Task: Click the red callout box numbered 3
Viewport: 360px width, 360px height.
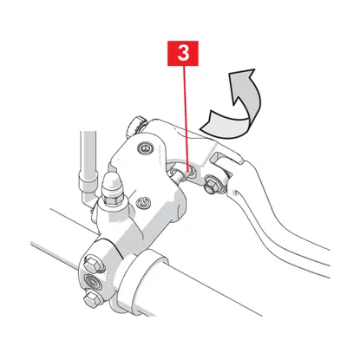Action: (x=183, y=53)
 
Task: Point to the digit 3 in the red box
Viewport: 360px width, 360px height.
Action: (x=183, y=53)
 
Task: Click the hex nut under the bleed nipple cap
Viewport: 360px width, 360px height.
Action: (x=114, y=197)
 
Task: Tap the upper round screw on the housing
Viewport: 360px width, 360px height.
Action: (x=145, y=148)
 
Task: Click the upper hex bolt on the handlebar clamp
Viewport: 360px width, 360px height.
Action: (x=93, y=264)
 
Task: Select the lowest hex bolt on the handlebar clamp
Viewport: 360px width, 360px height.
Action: (x=93, y=298)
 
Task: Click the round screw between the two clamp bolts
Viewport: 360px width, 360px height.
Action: (x=92, y=280)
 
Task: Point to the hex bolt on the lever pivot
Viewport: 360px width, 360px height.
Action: (x=213, y=186)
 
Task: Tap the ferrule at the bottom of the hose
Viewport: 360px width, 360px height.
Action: (x=88, y=182)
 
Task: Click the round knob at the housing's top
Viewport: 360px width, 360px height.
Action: (x=135, y=127)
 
